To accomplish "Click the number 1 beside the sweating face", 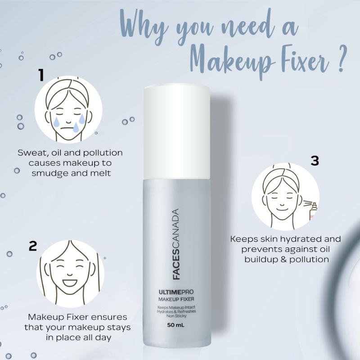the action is coord(41,75).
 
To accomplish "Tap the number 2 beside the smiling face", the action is coord(33,246).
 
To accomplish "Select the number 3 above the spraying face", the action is coord(315,161).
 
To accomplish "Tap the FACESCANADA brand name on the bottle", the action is coord(176,244).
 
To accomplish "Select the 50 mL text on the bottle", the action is coord(175,325).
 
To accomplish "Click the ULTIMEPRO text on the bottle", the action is coord(176,292).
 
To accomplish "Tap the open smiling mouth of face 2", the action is coord(70,283).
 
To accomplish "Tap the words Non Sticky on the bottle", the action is coord(176,316).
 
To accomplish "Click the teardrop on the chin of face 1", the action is coord(76,128).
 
